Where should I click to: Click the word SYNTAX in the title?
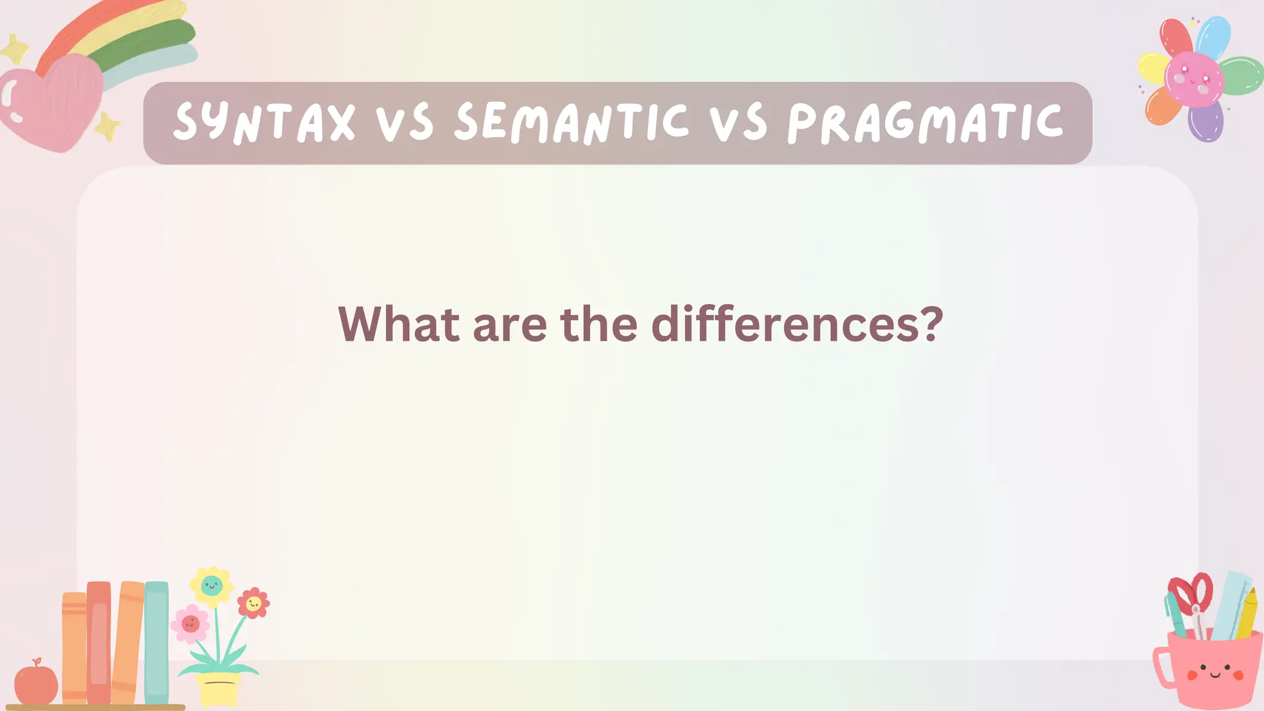[264, 122]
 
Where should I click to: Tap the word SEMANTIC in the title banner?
[572, 122]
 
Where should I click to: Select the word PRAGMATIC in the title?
[925, 122]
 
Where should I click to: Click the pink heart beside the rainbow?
[52, 102]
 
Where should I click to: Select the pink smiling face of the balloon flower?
[1194, 79]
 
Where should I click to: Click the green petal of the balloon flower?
[1241, 75]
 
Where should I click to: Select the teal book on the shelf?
[156, 642]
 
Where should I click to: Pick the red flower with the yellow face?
[253, 602]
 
